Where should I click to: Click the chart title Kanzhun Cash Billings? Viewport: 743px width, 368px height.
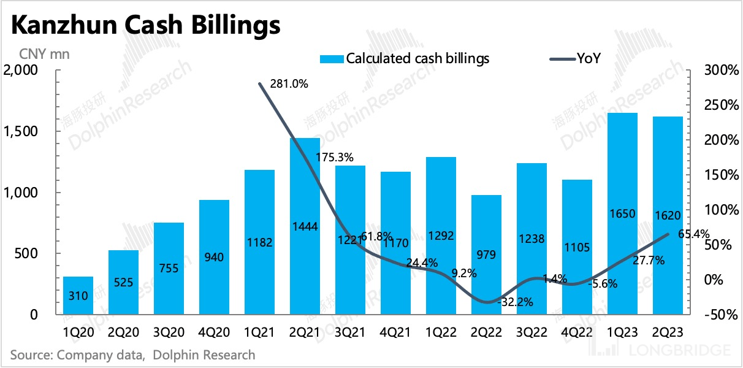coord(145,26)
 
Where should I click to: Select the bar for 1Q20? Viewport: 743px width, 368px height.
coord(78,296)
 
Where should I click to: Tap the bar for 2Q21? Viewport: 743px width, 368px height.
coord(305,226)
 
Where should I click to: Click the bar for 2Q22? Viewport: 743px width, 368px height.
coord(486,255)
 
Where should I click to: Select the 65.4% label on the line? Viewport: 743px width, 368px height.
coord(695,233)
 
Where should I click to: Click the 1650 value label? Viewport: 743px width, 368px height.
coord(622,214)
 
